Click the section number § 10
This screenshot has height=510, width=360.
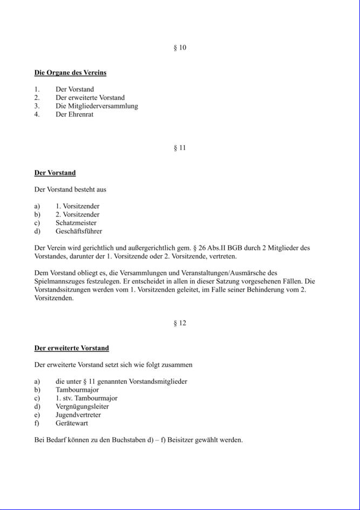point(180,47)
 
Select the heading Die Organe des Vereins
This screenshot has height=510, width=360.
point(70,73)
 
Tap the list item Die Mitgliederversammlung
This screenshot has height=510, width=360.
point(97,106)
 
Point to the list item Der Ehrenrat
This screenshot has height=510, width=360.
point(74,114)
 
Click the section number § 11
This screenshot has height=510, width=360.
point(180,148)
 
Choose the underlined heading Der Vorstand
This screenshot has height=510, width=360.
point(55,173)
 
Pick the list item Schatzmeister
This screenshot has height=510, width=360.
point(76,223)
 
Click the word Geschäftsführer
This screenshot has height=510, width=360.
point(79,231)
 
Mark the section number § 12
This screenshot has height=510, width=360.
point(180,323)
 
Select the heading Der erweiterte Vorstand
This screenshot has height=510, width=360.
point(72,349)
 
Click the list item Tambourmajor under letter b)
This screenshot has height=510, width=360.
point(77,390)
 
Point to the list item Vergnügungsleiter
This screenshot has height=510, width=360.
point(82,406)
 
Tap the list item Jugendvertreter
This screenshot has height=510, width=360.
point(78,415)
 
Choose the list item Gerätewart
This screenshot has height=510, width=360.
point(73,423)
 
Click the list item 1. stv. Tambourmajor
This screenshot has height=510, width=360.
point(86,398)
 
